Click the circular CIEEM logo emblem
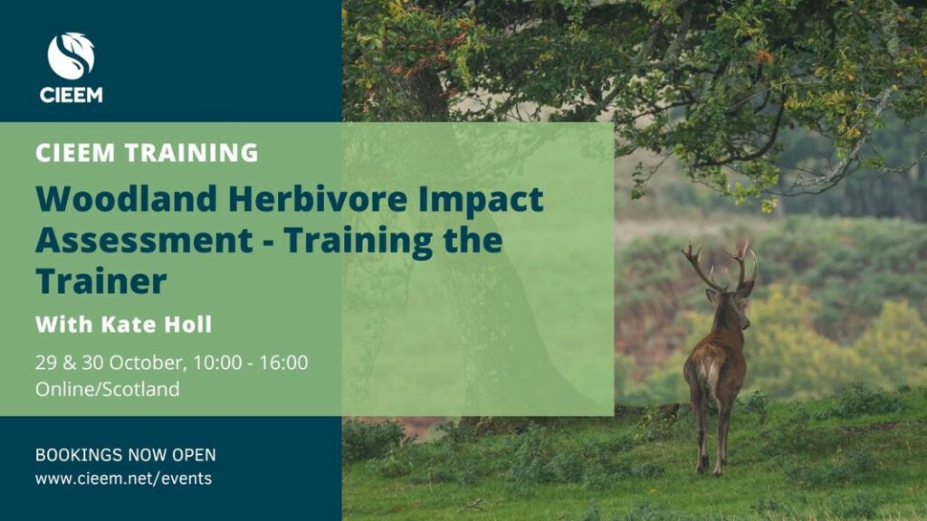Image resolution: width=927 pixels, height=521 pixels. pyautogui.click(x=71, y=56)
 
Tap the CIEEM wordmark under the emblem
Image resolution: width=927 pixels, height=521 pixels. pyautogui.click(x=71, y=94)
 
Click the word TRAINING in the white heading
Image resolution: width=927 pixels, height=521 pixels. pyautogui.click(x=192, y=152)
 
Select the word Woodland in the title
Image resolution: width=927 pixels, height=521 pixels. pyautogui.click(x=127, y=198)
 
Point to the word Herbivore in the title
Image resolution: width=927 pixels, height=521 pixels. pyautogui.click(x=318, y=198)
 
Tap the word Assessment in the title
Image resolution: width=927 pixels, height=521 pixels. pyautogui.click(x=144, y=240)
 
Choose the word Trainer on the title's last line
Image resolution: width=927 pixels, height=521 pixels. pyautogui.click(x=101, y=280)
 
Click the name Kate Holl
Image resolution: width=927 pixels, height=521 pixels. pyautogui.click(x=156, y=325)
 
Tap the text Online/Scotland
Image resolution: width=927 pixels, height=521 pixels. pyautogui.click(x=107, y=389)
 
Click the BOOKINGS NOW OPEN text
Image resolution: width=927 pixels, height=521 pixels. pyautogui.click(x=125, y=455)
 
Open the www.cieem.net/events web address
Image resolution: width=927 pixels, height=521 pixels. pyautogui.click(x=123, y=478)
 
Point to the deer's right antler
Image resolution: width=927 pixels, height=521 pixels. pyautogui.click(x=744, y=265)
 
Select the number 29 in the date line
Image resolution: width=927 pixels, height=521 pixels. pyautogui.click(x=45, y=362)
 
